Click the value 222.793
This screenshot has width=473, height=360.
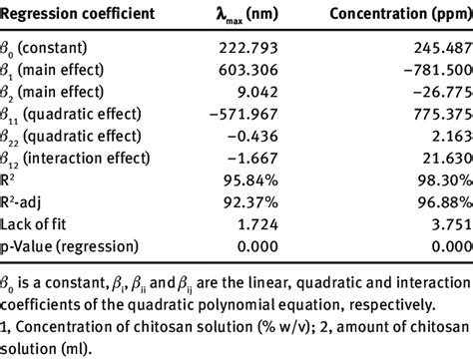(262, 46)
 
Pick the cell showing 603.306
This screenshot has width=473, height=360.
(262, 68)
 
